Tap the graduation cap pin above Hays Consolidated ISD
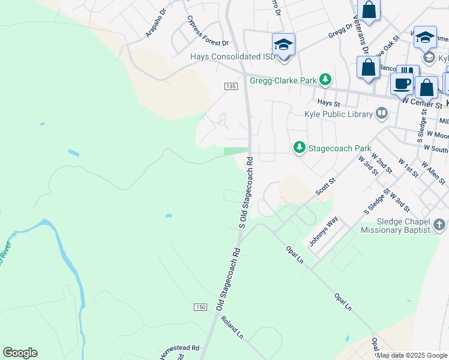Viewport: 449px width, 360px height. (x=283, y=45)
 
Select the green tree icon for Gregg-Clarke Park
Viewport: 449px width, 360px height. (x=325, y=79)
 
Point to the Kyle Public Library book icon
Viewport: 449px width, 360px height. (x=382, y=113)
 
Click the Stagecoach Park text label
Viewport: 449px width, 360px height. (x=340, y=148)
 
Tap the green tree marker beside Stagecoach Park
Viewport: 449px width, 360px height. (x=299, y=147)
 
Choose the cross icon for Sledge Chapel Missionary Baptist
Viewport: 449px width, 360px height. (x=439, y=225)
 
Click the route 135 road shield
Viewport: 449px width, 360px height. (x=231, y=86)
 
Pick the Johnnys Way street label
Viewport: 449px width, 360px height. (x=324, y=232)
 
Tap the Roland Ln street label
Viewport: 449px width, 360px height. (x=231, y=327)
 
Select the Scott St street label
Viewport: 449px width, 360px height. (x=326, y=186)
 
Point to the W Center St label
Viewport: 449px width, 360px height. (x=422, y=103)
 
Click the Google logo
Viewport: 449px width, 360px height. (x=20, y=353)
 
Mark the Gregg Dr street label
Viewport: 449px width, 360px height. (x=340, y=30)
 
